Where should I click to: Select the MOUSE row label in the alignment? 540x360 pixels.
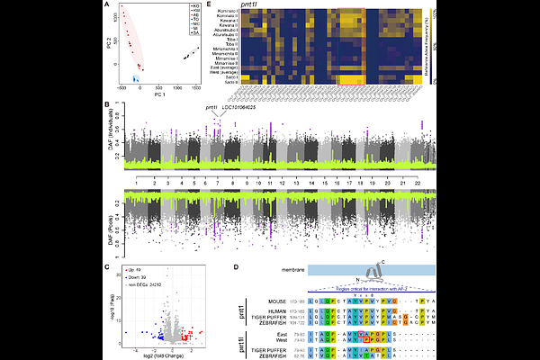point(276,299)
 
